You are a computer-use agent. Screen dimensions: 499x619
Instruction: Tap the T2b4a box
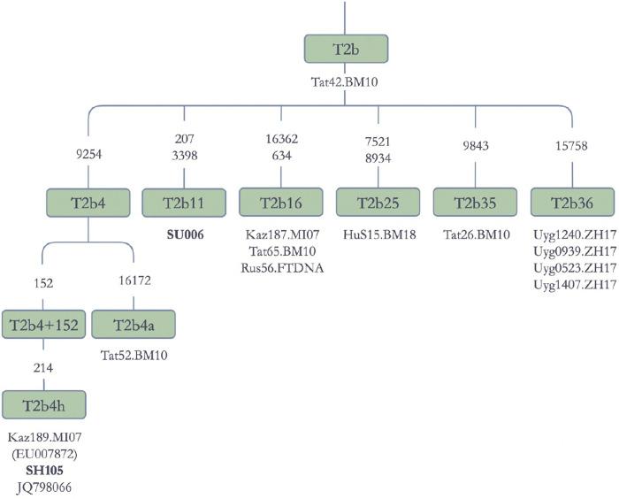click(134, 325)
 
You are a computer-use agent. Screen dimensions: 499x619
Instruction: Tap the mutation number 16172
click(134, 284)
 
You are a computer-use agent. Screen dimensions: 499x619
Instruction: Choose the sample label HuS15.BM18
click(378, 234)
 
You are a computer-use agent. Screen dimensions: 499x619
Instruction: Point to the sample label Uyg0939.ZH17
click(572, 251)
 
